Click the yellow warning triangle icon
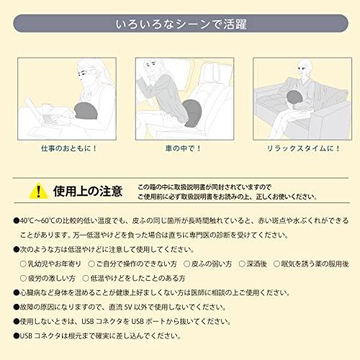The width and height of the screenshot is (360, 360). [38, 192]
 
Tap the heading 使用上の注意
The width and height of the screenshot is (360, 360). [88, 192]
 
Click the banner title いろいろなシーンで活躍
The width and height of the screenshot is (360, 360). [181, 24]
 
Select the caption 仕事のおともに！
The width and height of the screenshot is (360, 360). [68, 148]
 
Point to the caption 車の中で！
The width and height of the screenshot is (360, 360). [183, 148]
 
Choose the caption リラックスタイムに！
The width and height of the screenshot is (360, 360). [303, 148]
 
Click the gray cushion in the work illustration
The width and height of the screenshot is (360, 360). [86, 111]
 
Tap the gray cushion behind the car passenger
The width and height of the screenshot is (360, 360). [192, 113]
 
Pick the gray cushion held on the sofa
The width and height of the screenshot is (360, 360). [296, 99]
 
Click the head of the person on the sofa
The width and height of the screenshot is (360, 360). [305, 68]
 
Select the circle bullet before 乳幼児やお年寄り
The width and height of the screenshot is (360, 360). [23, 264]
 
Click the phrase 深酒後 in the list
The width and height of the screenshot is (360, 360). [256, 264]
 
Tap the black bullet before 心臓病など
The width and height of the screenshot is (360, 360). [17, 292]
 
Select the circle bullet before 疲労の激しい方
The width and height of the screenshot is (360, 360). [23, 279]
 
